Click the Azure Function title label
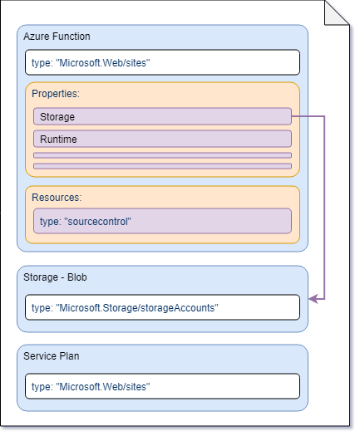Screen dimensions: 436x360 57,37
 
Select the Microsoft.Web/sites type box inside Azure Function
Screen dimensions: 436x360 162,62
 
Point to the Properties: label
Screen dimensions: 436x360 55,94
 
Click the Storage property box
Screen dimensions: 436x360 162,116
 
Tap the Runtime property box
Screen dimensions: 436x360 162,139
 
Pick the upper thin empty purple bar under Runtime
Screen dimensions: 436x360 162,155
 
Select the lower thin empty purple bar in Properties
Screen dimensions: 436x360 162,166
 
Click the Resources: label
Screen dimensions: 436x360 56,198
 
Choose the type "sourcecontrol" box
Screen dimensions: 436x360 162,221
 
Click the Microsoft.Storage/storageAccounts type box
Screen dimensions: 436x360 162,307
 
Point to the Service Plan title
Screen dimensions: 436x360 53,356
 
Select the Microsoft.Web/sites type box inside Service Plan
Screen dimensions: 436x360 162,386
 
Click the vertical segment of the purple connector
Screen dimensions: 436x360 323,208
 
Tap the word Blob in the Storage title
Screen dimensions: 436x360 81,277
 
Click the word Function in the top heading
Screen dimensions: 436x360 72,37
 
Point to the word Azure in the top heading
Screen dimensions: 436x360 37,37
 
